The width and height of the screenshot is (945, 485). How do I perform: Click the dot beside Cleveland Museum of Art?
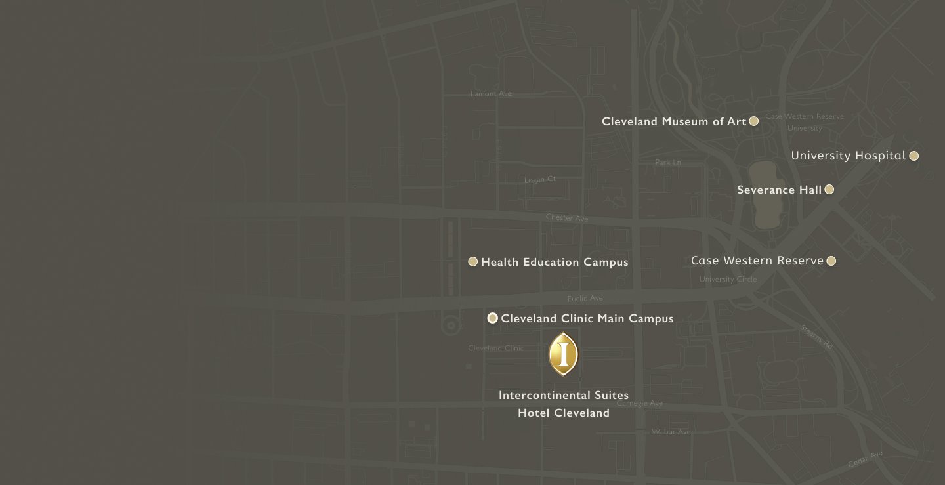pos(754,121)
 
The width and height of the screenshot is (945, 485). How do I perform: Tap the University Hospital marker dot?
pos(914,156)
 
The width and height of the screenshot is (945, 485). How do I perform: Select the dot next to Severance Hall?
pos(829,190)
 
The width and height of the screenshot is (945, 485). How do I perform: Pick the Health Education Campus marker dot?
pos(472,262)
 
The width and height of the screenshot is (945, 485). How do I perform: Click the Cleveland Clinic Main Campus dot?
pos(493,318)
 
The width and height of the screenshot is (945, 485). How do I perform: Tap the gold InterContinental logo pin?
pos(563,354)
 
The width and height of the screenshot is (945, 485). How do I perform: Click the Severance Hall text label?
pos(779,190)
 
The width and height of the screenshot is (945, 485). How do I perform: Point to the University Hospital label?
pos(848,156)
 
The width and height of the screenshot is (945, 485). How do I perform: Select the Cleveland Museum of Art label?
pos(674,121)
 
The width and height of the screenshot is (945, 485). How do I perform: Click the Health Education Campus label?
pos(555,263)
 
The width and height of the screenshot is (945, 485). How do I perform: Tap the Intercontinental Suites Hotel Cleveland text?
pos(564,404)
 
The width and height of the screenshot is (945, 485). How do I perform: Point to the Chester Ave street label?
pos(567,218)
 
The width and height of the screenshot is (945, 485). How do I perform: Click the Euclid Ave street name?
pos(585,299)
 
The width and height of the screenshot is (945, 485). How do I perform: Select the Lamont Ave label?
pos(491,94)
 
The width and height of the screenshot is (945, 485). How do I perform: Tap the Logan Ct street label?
pos(540,179)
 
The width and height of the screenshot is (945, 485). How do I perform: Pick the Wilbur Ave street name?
pos(671,432)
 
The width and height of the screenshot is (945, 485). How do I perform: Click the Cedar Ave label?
pos(866,459)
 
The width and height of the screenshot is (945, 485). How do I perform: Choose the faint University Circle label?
pos(728,279)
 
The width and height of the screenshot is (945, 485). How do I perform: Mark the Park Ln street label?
pos(667,162)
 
